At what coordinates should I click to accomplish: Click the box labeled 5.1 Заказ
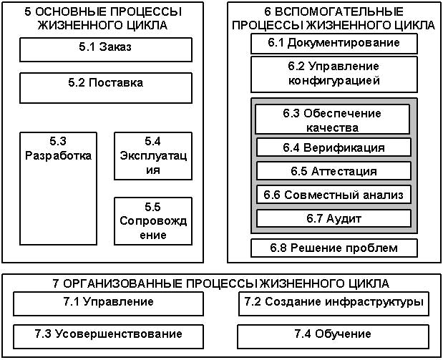105,49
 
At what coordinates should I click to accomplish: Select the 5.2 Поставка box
105,87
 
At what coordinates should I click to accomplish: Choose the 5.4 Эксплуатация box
153,156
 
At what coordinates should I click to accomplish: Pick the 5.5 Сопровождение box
153,220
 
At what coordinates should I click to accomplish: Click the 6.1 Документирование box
334,43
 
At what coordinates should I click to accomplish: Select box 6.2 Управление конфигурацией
334,74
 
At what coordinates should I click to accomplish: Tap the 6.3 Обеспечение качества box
334,120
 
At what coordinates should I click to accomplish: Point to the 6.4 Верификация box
334,147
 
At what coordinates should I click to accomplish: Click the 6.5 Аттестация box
334,171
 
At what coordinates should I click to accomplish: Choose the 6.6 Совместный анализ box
334,195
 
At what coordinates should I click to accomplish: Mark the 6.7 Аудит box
334,218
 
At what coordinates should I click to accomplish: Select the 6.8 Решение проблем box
334,248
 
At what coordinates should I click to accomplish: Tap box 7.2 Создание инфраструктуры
334,303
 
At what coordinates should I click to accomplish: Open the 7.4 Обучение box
334,334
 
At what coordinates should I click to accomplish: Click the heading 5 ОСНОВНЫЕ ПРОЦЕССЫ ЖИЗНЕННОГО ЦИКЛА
99,19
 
